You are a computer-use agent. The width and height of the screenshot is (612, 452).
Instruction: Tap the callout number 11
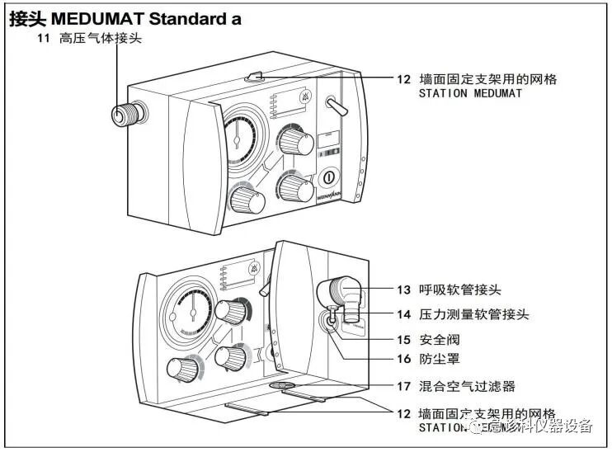coord(44,39)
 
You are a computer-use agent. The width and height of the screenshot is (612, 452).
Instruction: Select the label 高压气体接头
coord(101,39)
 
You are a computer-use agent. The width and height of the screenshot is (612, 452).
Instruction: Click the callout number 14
coord(403,314)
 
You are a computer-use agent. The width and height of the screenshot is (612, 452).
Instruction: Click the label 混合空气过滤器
coord(468,385)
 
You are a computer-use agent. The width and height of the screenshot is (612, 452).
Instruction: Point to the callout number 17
coord(403,385)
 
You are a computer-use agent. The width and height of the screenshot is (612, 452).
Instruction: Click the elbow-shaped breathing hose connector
coord(340,294)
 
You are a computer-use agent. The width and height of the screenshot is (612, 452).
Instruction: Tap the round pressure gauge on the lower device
coord(191,310)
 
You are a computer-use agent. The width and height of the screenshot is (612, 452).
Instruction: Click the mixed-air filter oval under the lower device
coord(281,385)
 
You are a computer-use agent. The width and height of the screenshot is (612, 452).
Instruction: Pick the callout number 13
coord(403,290)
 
